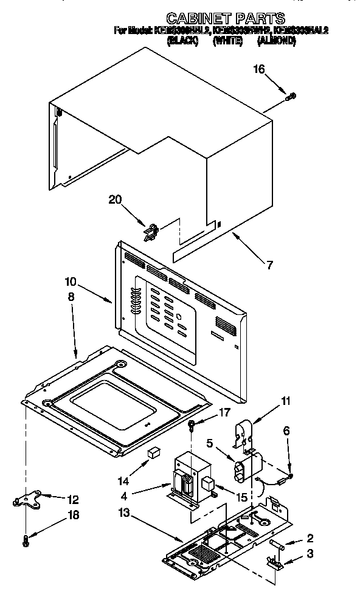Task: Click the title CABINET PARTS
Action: (226, 18)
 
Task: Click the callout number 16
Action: (260, 69)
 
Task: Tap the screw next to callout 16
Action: (291, 95)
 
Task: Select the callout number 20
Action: (116, 199)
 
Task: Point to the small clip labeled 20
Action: (150, 230)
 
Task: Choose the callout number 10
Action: (71, 281)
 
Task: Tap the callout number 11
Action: (268, 401)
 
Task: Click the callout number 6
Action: (286, 430)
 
